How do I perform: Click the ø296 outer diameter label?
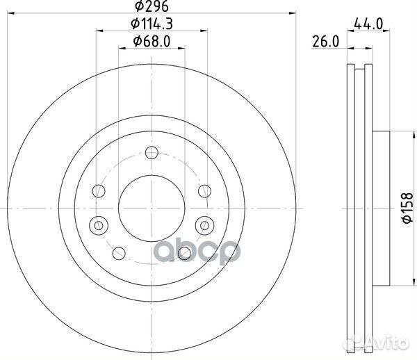point(152,6)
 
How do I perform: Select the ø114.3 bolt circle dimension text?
point(152,24)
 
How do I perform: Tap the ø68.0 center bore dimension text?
point(152,42)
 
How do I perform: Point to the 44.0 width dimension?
point(368,24)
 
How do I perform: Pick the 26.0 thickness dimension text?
point(325,42)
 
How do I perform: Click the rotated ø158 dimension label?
point(407,208)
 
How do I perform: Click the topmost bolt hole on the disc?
point(152,153)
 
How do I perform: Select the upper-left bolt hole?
point(99,191)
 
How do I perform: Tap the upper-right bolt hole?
point(205,191)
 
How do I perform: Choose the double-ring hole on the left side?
point(99,225)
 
